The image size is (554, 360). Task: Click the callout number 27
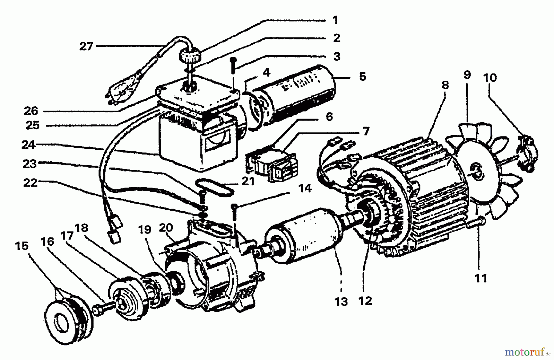[x=86, y=47]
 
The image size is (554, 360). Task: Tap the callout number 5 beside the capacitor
[x=363, y=76]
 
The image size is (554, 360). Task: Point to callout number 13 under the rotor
[x=341, y=301]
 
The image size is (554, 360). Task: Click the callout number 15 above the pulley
[x=22, y=246]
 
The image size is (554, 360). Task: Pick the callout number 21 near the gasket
[x=248, y=181]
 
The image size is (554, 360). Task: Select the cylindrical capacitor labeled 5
[x=295, y=95]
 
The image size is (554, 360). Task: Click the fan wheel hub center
[x=476, y=171]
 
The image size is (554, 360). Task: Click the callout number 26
[x=31, y=111]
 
